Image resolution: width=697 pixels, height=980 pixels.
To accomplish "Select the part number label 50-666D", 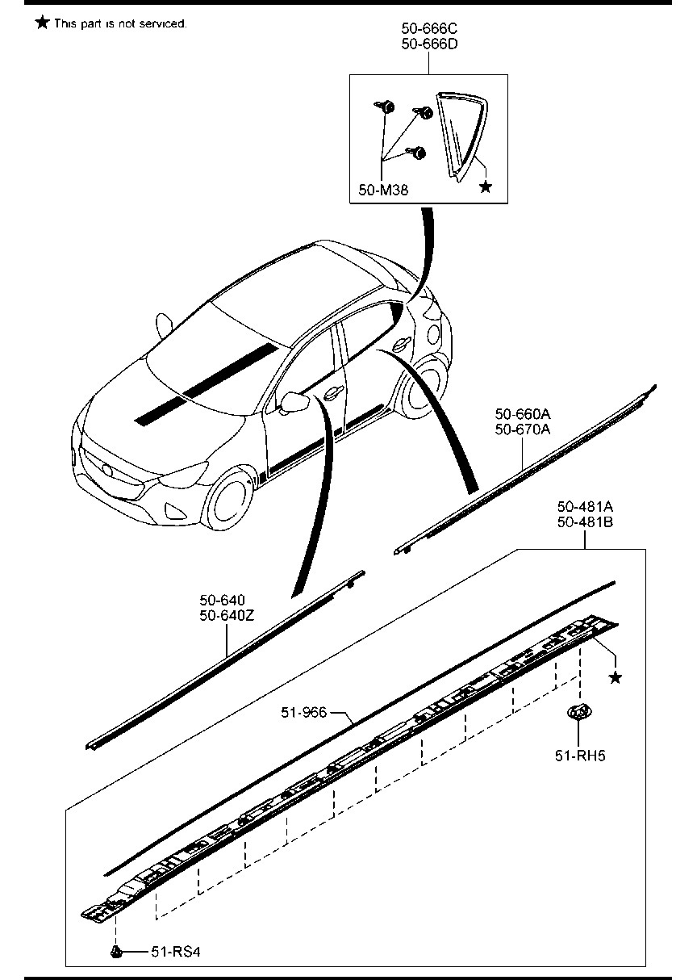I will point(429,44).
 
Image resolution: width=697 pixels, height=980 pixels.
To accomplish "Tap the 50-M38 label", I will point(382,191).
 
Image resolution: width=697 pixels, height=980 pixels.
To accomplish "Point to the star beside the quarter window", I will point(485,187).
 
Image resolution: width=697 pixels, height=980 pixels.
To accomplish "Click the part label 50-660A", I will point(522,415).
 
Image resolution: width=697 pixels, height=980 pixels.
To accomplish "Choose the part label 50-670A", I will point(522,429).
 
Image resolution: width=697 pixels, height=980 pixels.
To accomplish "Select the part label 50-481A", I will point(585,507).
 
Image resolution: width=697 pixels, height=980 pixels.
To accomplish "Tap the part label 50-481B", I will point(585,521).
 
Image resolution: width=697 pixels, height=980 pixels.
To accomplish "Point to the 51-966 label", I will point(303,712).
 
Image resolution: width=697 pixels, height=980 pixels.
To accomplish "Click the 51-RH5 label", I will point(579,756).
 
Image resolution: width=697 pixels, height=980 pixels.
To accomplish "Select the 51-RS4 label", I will point(174,953).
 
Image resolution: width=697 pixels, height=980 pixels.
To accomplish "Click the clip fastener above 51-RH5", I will point(578,713).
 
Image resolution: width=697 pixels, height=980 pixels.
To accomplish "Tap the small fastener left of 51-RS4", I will point(116,952).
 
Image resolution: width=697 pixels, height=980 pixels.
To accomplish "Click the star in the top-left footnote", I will point(42,23).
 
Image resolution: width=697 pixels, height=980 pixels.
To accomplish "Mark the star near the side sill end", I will point(615,677).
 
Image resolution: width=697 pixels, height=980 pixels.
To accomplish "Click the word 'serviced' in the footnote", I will point(164,24).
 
